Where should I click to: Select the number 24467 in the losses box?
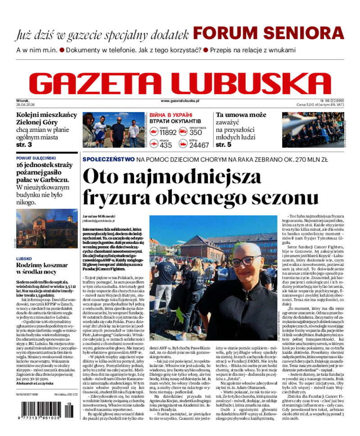[199, 145]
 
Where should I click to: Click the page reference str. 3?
[24, 145]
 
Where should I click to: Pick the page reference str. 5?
[224, 145]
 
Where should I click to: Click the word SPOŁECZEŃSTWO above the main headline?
[108, 159]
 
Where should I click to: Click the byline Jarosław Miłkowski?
[99, 216]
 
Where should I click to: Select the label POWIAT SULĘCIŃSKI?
[36, 158]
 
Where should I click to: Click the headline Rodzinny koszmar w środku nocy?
[42, 269]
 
